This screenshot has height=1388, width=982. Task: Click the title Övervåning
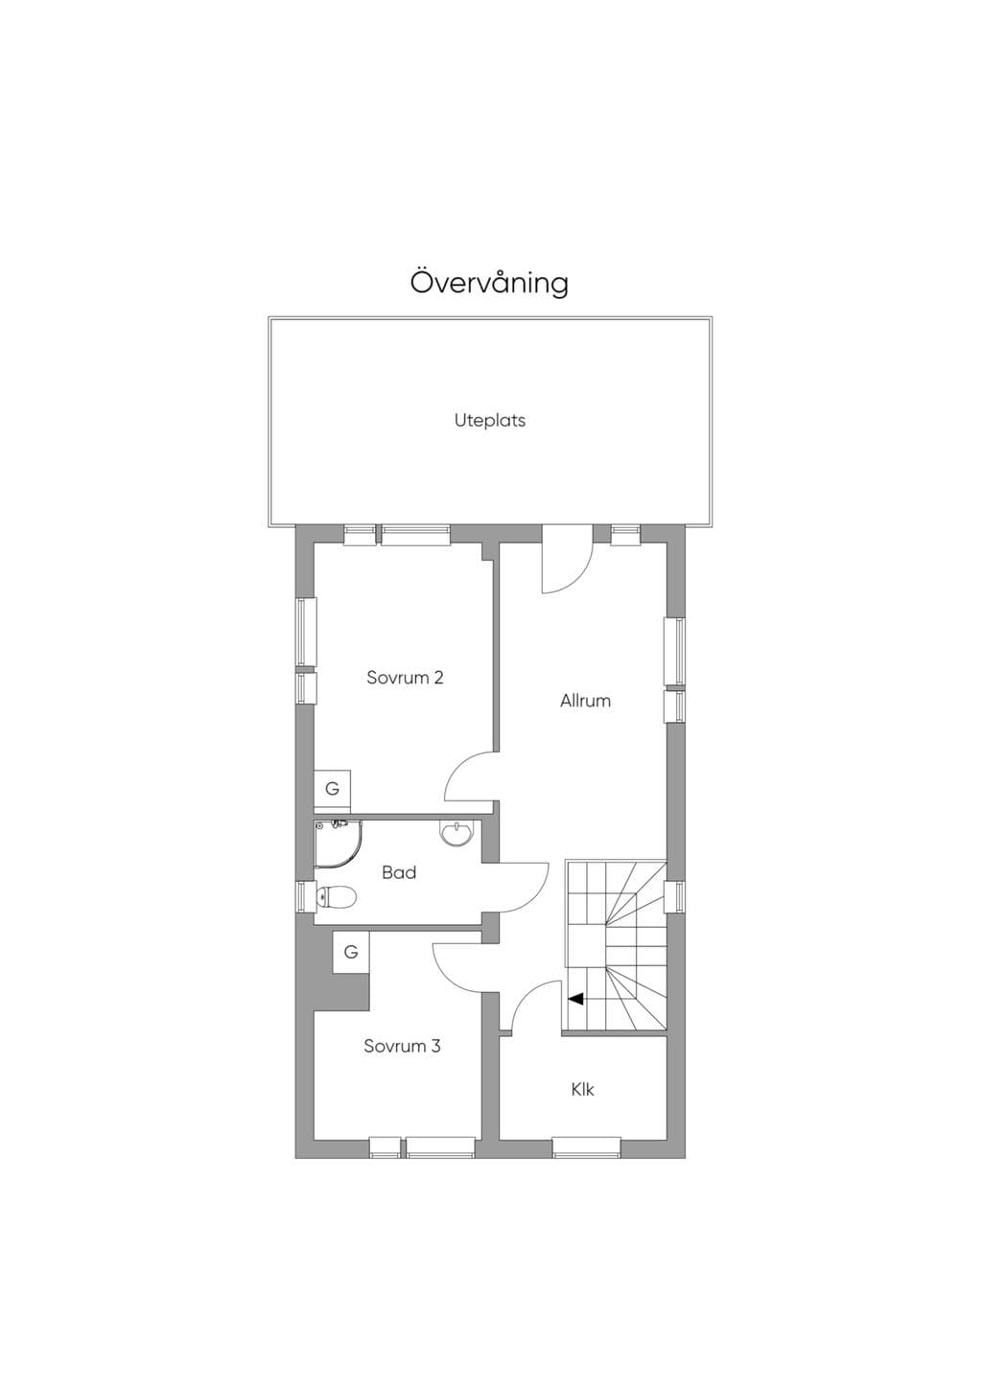[x=489, y=283]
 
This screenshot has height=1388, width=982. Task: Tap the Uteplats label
[x=490, y=421]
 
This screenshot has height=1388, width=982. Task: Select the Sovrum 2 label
[x=405, y=678]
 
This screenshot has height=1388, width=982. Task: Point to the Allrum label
[x=585, y=701]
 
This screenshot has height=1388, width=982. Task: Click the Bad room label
[x=399, y=873]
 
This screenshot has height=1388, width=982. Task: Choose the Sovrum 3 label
[x=402, y=1047]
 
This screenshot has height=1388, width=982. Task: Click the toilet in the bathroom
[x=336, y=896]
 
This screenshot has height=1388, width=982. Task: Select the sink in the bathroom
[x=457, y=832]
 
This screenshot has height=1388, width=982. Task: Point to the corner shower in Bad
[x=338, y=844]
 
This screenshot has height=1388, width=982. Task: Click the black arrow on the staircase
[x=576, y=999]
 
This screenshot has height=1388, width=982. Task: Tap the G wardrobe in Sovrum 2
[x=333, y=789]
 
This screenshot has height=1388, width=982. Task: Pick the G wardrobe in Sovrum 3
[x=351, y=952]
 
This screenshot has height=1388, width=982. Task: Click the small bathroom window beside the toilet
[x=304, y=896]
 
